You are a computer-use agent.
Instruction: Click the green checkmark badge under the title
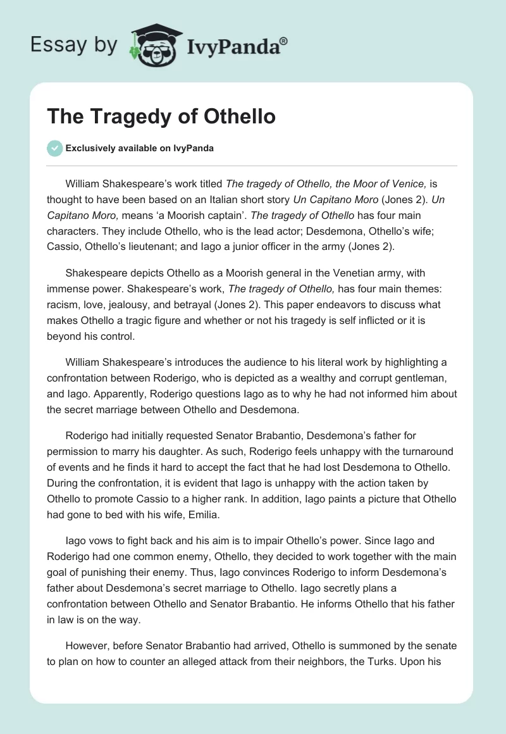(x=54, y=148)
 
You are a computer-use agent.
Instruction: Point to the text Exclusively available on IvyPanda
(x=140, y=148)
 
